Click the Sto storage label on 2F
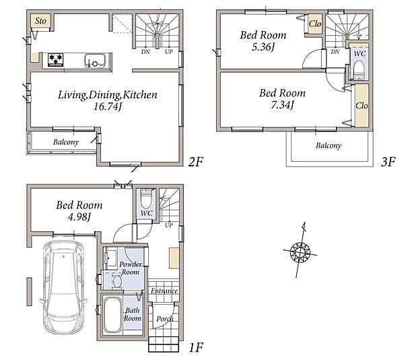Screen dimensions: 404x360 [x=40, y=21]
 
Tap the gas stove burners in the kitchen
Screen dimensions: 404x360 [x=55, y=60]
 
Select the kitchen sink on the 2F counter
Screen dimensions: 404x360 [x=95, y=61]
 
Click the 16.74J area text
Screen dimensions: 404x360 [x=107, y=107]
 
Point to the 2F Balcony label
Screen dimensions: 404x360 [x=66, y=142]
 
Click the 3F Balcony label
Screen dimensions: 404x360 [x=329, y=146]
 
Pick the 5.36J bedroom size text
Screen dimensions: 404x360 [x=263, y=47]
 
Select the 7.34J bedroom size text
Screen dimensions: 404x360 [x=282, y=104]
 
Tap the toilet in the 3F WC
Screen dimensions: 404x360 [x=358, y=69]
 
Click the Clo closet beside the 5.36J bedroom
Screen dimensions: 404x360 [x=315, y=24]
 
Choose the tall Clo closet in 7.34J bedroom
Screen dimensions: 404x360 [x=362, y=105]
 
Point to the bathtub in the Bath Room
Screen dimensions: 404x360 [x=112, y=315]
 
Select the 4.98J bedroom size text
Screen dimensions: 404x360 [x=79, y=217]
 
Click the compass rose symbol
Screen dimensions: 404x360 [x=300, y=251]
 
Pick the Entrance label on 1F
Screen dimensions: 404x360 [x=164, y=291]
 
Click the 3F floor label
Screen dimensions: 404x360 [x=388, y=162]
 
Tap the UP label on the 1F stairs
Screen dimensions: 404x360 [x=168, y=225]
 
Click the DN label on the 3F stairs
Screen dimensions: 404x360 [x=335, y=52]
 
